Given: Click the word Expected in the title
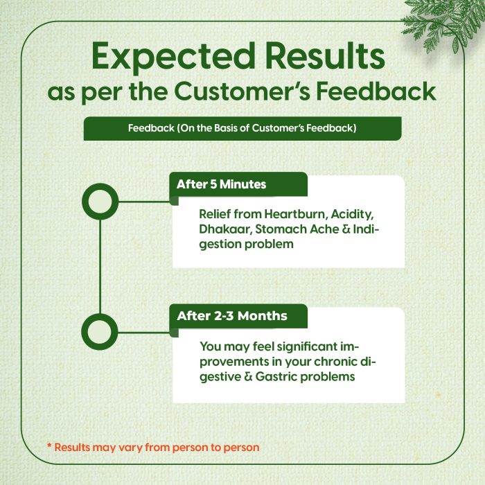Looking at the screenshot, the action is pyautogui.click(x=173, y=58).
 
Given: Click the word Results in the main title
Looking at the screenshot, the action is pyautogui.click(x=325, y=55).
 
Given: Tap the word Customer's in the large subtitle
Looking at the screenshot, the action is pyautogui.click(x=242, y=91).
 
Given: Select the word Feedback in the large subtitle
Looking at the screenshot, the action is pyautogui.click(x=376, y=91).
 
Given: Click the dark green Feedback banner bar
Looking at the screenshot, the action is pyautogui.click(x=242, y=128).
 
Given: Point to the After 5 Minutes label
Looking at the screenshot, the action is pyautogui.click(x=222, y=184).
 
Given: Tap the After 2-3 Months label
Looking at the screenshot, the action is pyautogui.click(x=232, y=316).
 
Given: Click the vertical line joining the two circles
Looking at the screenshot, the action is pyautogui.click(x=100, y=266).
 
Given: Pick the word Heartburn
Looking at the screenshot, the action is pyautogui.click(x=296, y=214).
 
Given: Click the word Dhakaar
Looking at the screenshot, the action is pyautogui.click(x=225, y=229).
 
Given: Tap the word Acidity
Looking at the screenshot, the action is pyautogui.click(x=352, y=214).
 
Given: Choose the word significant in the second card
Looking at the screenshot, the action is pyautogui.click(x=308, y=346).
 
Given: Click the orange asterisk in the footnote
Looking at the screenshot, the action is pyautogui.click(x=49, y=446).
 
